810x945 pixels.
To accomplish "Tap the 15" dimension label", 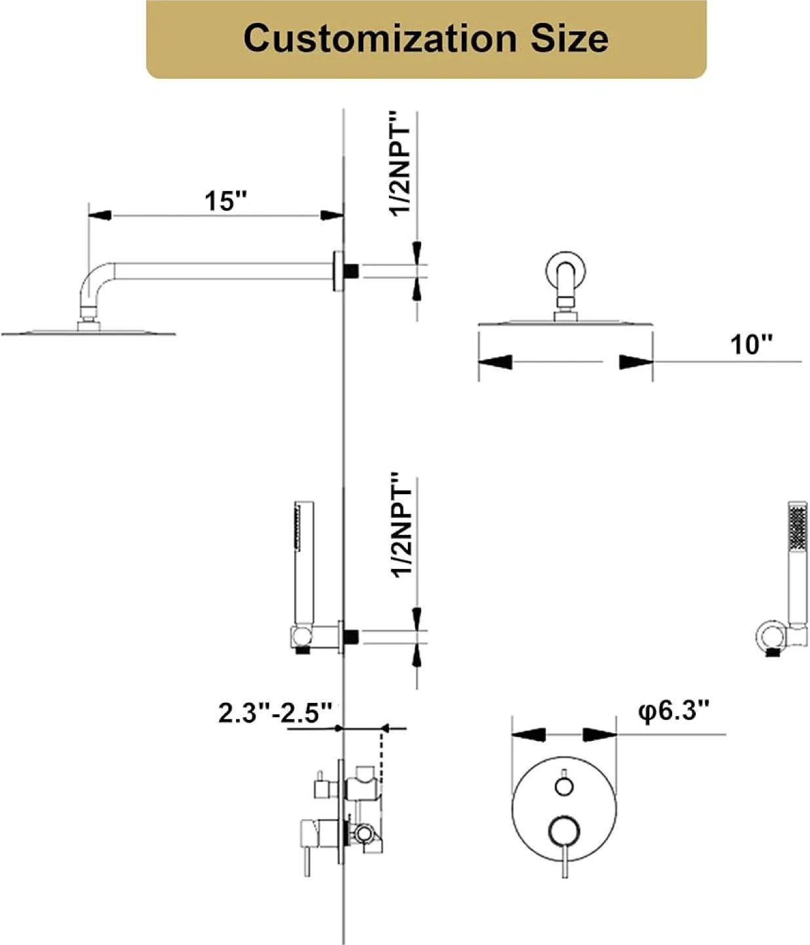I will pyautogui.click(x=226, y=201).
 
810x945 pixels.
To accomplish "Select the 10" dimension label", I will pyautogui.click(x=751, y=344).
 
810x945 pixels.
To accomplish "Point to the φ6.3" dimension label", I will pyautogui.click(x=674, y=710).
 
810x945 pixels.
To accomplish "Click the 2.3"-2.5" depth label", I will pyautogui.click(x=275, y=713).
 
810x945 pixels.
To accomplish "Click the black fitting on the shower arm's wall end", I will pyautogui.click(x=352, y=270).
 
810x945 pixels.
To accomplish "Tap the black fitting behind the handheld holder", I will pyautogui.click(x=352, y=635).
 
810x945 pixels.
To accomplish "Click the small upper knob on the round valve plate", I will pyautogui.click(x=564, y=786).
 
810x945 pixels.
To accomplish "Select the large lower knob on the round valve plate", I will pyautogui.click(x=564, y=830).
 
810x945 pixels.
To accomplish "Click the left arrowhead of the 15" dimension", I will pyautogui.click(x=100, y=215).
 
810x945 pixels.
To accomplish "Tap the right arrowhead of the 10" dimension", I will pyautogui.click(x=636, y=362).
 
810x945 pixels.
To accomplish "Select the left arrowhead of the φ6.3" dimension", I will pyautogui.click(x=529, y=734).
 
